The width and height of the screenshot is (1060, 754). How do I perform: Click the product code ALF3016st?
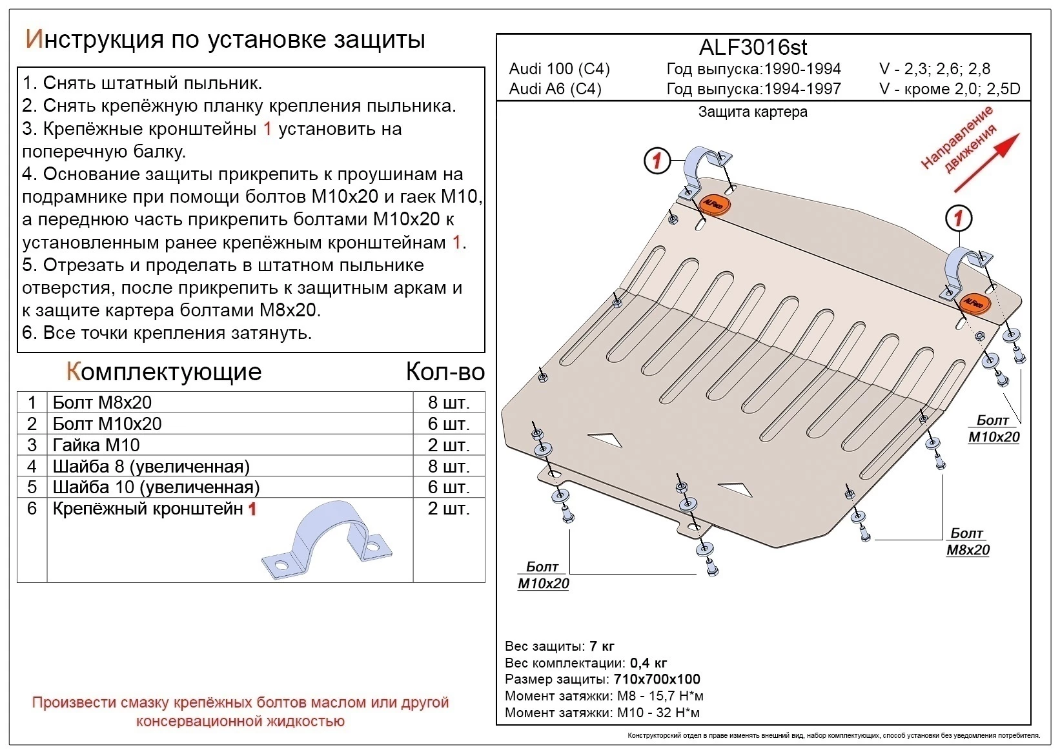click(753, 47)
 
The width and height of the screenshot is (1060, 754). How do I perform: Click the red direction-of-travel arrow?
click(986, 163)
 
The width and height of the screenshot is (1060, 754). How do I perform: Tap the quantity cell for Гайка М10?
click(448, 445)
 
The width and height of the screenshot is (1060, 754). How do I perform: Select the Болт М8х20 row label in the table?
click(102, 402)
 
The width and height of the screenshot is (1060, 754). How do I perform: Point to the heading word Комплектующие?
click(164, 371)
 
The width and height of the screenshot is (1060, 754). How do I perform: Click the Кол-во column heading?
click(445, 371)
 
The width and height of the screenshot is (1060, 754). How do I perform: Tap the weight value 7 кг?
click(602, 646)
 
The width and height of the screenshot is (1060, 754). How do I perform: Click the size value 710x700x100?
click(657, 679)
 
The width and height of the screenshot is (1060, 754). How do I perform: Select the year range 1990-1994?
click(802, 69)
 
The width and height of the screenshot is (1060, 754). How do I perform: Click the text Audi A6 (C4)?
click(555, 89)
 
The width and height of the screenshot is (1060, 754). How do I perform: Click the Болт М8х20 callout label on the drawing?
click(967, 542)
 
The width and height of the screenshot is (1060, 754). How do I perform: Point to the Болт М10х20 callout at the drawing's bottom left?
click(543, 575)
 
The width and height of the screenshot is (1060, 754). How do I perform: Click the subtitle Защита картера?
click(753, 112)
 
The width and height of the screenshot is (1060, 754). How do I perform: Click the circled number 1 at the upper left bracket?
click(657, 160)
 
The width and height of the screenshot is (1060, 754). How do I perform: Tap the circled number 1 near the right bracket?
click(959, 218)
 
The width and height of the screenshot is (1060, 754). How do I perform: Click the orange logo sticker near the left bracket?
click(714, 204)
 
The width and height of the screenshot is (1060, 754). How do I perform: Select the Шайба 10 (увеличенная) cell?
click(156, 487)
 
